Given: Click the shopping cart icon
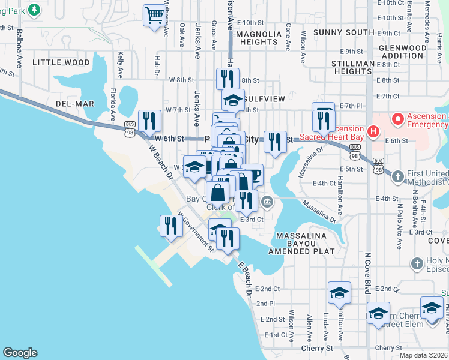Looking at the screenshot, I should (155, 15).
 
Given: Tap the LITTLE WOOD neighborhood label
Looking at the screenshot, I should (61, 62).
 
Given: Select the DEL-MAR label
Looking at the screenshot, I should (75, 104).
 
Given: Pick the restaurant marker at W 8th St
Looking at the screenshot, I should (227, 78).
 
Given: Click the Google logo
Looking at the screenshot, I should (20, 353).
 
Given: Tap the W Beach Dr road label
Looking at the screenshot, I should (161, 164).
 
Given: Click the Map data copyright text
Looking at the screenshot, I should (423, 355).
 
